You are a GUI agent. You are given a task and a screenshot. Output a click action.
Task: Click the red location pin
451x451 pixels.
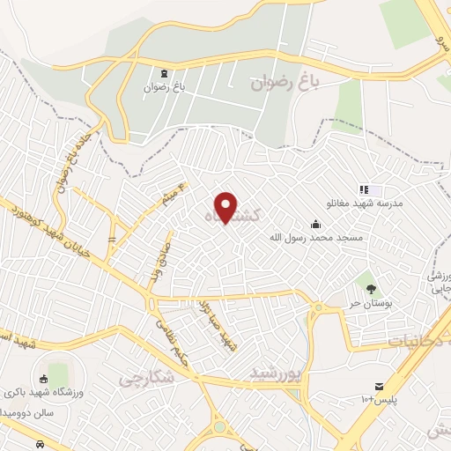[x=226, y=208]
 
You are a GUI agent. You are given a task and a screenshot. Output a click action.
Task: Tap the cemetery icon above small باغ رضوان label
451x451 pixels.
[x=165, y=73]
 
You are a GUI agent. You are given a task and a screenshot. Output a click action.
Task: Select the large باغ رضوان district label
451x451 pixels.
[x=283, y=84]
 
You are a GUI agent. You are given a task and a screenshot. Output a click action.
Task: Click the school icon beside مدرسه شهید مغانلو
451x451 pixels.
[x=363, y=189]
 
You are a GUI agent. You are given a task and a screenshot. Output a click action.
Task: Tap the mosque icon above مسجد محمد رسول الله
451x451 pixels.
[x=316, y=224]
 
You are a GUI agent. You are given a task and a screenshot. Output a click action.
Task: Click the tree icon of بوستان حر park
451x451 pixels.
[x=371, y=288]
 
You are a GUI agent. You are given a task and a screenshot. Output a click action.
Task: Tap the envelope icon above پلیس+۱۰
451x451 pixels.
[x=380, y=387]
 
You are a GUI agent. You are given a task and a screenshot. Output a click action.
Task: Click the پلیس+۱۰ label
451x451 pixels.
[x=380, y=401]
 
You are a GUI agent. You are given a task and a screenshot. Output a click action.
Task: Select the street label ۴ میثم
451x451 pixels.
[x=174, y=196]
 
